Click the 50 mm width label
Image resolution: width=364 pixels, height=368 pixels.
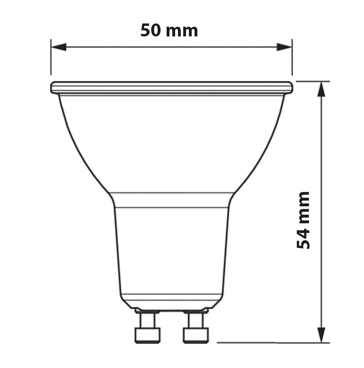coord(169,30)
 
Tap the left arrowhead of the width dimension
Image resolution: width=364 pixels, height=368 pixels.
coord(59,47)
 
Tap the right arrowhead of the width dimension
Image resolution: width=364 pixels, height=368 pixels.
coord(284,47)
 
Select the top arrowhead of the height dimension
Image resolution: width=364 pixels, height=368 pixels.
coord(322,89)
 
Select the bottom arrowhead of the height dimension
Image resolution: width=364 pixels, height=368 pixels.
coord(322,335)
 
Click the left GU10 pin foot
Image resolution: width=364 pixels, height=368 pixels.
coord(148,336)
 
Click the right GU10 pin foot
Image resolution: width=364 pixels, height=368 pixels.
coord(196,336)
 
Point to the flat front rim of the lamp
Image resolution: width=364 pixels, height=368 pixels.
coord(172,88)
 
